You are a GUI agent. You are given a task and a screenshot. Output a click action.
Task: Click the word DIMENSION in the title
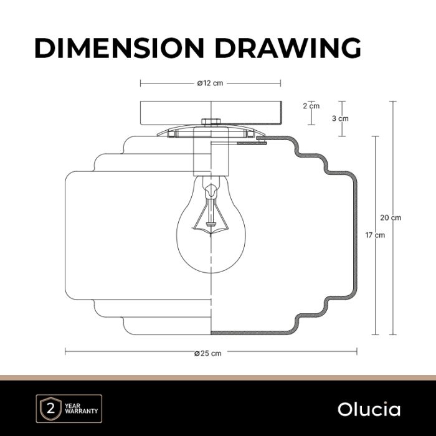coord(120,47)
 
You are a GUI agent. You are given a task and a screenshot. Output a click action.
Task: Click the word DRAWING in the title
coord(288,47)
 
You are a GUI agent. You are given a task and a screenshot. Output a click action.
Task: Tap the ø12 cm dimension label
coord(211,83)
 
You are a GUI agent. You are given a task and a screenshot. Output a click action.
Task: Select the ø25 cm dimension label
coord(208,353)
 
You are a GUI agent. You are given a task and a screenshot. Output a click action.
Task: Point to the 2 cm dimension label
coord(311,106)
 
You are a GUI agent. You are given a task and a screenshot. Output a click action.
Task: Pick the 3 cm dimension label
coord(340,118)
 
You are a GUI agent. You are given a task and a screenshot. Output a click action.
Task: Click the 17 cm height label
coord(375,235)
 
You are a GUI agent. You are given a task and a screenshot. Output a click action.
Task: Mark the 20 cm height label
coord(391,218)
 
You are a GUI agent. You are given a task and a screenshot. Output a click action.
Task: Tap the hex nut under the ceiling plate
coord(211,121)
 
